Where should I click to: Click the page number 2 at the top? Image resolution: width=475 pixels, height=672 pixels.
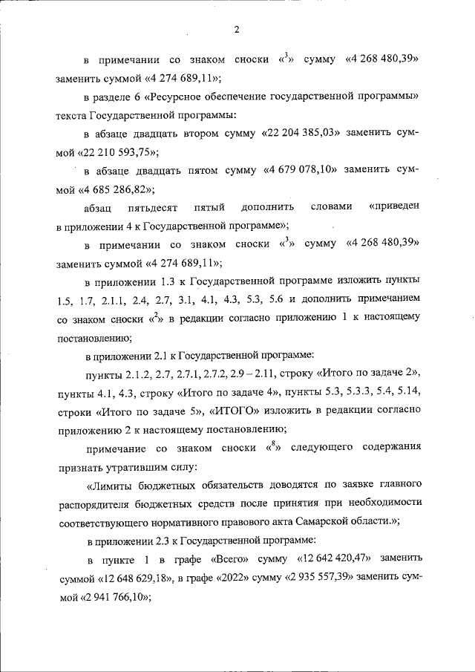coord(237,30)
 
